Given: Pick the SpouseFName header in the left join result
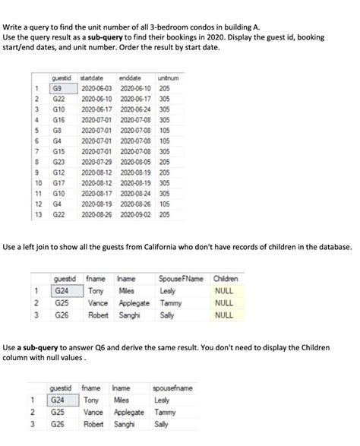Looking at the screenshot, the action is pos(175,278).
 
